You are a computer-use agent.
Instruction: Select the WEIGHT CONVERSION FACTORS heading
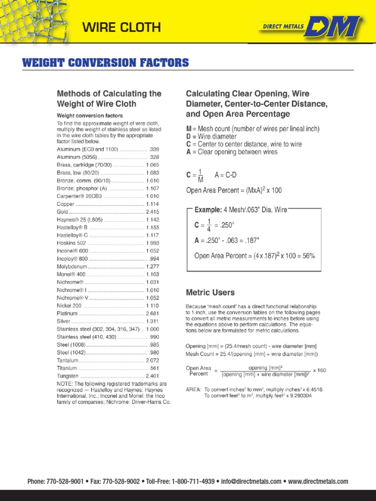tap(105, 63)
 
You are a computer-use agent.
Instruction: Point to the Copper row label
tap(66, 204)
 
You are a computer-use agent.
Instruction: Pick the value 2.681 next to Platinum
tap(152, 314)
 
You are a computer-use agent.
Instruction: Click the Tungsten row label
tap(68, 376)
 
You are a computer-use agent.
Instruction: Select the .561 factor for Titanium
tap(154, 368)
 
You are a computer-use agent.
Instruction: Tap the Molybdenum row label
tap(72, 267)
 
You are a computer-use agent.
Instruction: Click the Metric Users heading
tap(210, 293)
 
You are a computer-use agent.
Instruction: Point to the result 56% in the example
tap(308, 255)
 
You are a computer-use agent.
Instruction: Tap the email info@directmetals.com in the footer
tap(251, 482)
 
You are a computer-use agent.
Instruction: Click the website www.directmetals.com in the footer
tap(318, 482)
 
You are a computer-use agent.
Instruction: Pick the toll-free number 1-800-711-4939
tap(193, 482)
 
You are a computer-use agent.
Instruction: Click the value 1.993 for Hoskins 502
tap(152, 243)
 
